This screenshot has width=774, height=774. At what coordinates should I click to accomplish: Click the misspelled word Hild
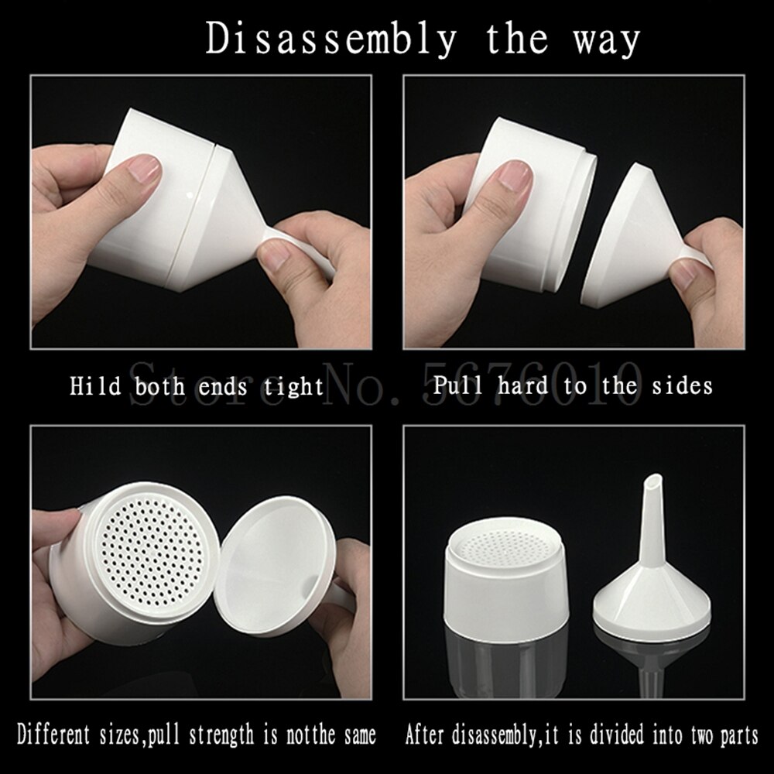[94, 385]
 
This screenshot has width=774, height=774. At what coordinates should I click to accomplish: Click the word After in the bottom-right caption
[429, 733]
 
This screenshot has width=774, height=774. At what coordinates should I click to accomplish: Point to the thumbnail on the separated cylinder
[514, 175]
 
